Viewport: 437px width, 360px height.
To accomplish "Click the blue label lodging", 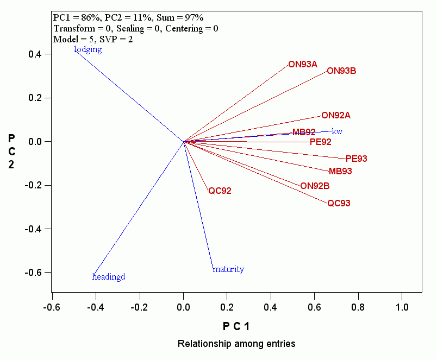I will (88, 49).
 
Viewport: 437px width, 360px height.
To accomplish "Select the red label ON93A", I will (303, 64).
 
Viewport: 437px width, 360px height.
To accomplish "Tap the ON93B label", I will (341, 71).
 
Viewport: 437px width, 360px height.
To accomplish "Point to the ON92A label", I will (336, 115).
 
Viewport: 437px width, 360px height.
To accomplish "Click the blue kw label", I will (337, 131).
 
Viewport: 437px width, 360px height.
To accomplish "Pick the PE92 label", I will (320, 142).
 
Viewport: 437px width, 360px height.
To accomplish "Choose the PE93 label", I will (357, 159).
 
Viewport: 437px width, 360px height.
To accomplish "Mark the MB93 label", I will (340, 171).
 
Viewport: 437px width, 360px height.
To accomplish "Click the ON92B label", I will (315, 186).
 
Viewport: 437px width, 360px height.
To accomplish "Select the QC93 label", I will (339, 204).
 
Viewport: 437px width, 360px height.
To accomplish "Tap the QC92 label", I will (220, 191).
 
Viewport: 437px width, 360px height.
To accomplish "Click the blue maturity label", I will (228, 269).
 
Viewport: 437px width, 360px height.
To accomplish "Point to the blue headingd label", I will (109, 277).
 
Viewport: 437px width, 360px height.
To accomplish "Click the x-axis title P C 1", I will (236, 326).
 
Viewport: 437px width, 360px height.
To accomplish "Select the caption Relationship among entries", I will (236, 344).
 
